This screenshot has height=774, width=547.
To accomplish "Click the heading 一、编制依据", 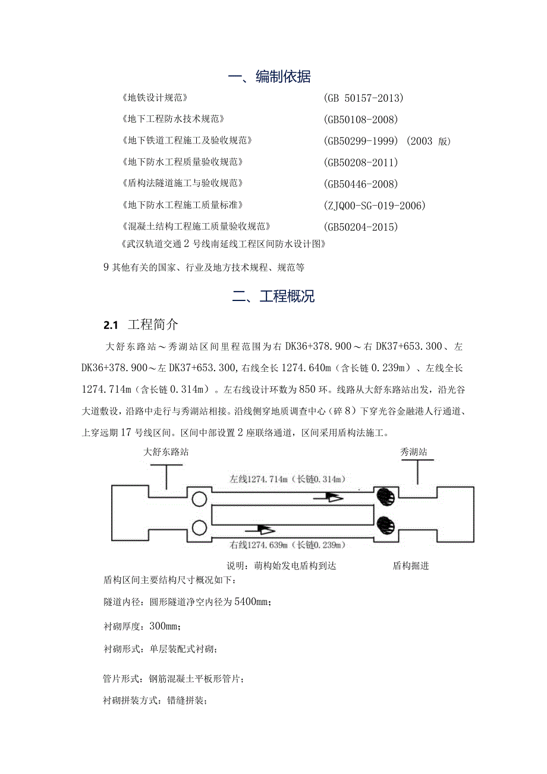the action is pos(269,77).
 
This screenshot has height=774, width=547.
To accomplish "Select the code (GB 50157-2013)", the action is pos(364,98).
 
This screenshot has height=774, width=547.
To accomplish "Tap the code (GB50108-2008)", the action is pos(361,120).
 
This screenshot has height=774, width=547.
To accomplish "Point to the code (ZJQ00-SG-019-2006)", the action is pos(375,206).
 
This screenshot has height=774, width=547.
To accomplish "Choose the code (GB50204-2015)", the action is pos(361,227).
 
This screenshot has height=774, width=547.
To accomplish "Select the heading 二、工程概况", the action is pos(273,297).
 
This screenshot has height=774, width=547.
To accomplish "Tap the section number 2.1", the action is pos(111,325).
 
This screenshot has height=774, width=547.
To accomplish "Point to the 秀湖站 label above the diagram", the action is pos(413,452).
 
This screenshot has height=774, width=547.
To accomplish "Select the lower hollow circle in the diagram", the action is pos(199,527).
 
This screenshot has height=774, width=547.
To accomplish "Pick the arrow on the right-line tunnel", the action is pos(262,528).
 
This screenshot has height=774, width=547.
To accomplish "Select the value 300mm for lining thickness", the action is pos(162,626).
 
